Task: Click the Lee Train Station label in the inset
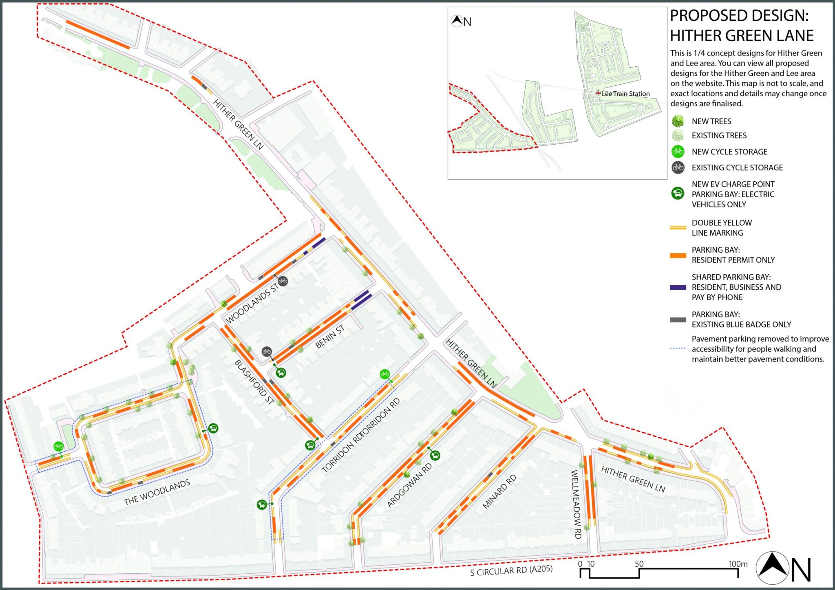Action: click(x=625, y=94)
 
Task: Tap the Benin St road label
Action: click(x=329, y=337)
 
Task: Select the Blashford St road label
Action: click(x=254, y=382)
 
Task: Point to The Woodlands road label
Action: click(x=157, y=493)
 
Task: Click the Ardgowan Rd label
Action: click(x=409, y=485)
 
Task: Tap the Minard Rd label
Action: click(x=499, y=491)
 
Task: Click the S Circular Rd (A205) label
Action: click(x=511, y=570)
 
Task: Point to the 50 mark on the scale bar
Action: click(x=639, y=564)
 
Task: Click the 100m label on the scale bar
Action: click(x=738, y=564)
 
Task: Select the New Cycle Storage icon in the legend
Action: click(x=678, y=152)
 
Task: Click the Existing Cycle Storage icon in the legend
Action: click(x=678, y=167)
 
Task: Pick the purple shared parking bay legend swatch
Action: click(x=678, y=287)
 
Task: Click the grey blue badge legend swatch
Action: click(x=678, y=320)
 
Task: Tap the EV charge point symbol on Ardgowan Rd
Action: click(x=435, y=456)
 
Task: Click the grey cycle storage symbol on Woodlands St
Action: click(x=283, y=281)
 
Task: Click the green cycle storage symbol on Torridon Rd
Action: click(x=384, y=374)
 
